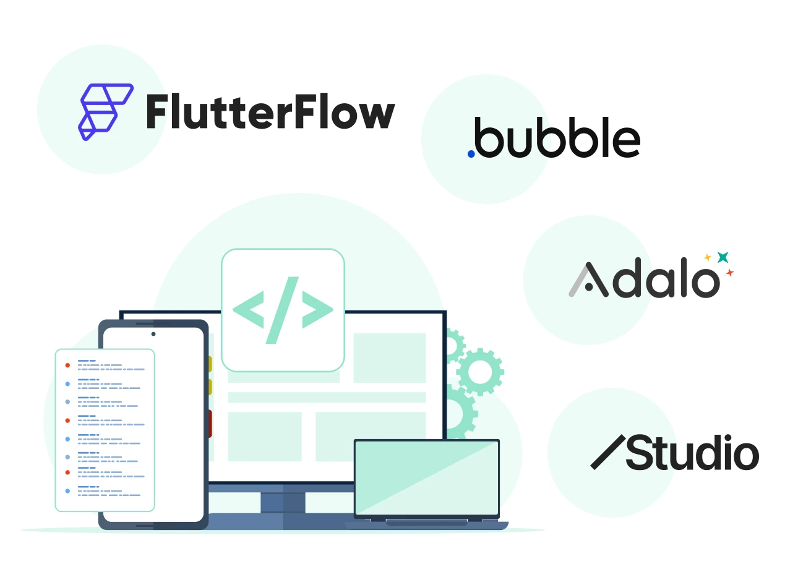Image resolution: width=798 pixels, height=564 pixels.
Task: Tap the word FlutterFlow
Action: pos(270,113)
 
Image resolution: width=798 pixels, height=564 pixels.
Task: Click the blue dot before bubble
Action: pos(471,153)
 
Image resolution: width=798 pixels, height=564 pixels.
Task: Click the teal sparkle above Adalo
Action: pos(723,257)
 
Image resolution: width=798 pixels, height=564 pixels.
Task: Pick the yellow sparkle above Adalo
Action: pos(708,257)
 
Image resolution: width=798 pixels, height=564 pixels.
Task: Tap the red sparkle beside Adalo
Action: pos(730,272)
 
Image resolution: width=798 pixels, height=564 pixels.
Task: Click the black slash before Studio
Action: pos(608,451)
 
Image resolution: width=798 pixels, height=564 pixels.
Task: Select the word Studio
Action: pos(692,453)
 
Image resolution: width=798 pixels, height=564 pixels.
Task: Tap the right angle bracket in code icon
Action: pos(317,309)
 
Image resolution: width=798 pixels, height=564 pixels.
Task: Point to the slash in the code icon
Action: pos(283,309)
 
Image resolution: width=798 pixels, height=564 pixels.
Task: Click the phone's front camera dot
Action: pos(153,334)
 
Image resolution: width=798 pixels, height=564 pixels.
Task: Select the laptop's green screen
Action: pos(427,477)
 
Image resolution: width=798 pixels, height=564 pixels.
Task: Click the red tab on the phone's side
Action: pos(210,424)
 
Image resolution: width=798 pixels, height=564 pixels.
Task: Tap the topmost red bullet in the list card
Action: pos(67,365)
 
